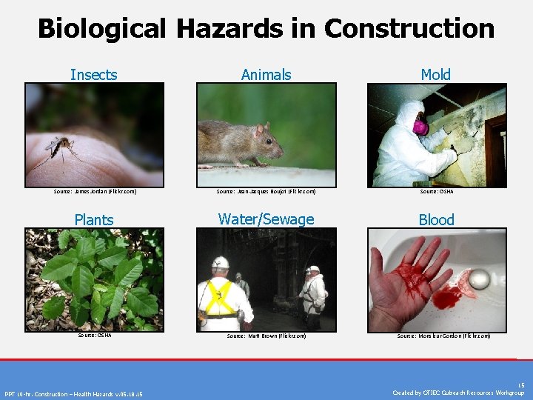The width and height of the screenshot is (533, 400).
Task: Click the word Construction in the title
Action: coord(409,28)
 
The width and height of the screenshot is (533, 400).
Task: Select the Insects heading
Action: coord(94,74)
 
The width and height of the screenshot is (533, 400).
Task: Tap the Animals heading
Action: coord(266,74)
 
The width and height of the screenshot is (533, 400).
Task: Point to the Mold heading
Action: coord(435,74)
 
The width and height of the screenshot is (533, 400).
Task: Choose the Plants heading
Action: coord(94,219)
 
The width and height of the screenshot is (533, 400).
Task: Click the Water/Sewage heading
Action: coord(266,219)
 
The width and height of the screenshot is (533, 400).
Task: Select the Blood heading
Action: coord(436,219)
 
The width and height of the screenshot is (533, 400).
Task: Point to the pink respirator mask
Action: coord(420,127)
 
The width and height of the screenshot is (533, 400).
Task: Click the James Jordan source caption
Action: coord(95,192)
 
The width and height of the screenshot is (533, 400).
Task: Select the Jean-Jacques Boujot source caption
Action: coord(266,192)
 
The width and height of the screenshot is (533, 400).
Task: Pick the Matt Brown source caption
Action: coord(266,336)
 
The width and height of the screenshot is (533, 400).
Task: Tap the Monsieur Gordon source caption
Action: coord(443,336)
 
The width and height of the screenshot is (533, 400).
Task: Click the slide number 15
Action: coord(521,385)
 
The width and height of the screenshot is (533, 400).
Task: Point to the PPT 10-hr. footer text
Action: coord(74,393)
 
